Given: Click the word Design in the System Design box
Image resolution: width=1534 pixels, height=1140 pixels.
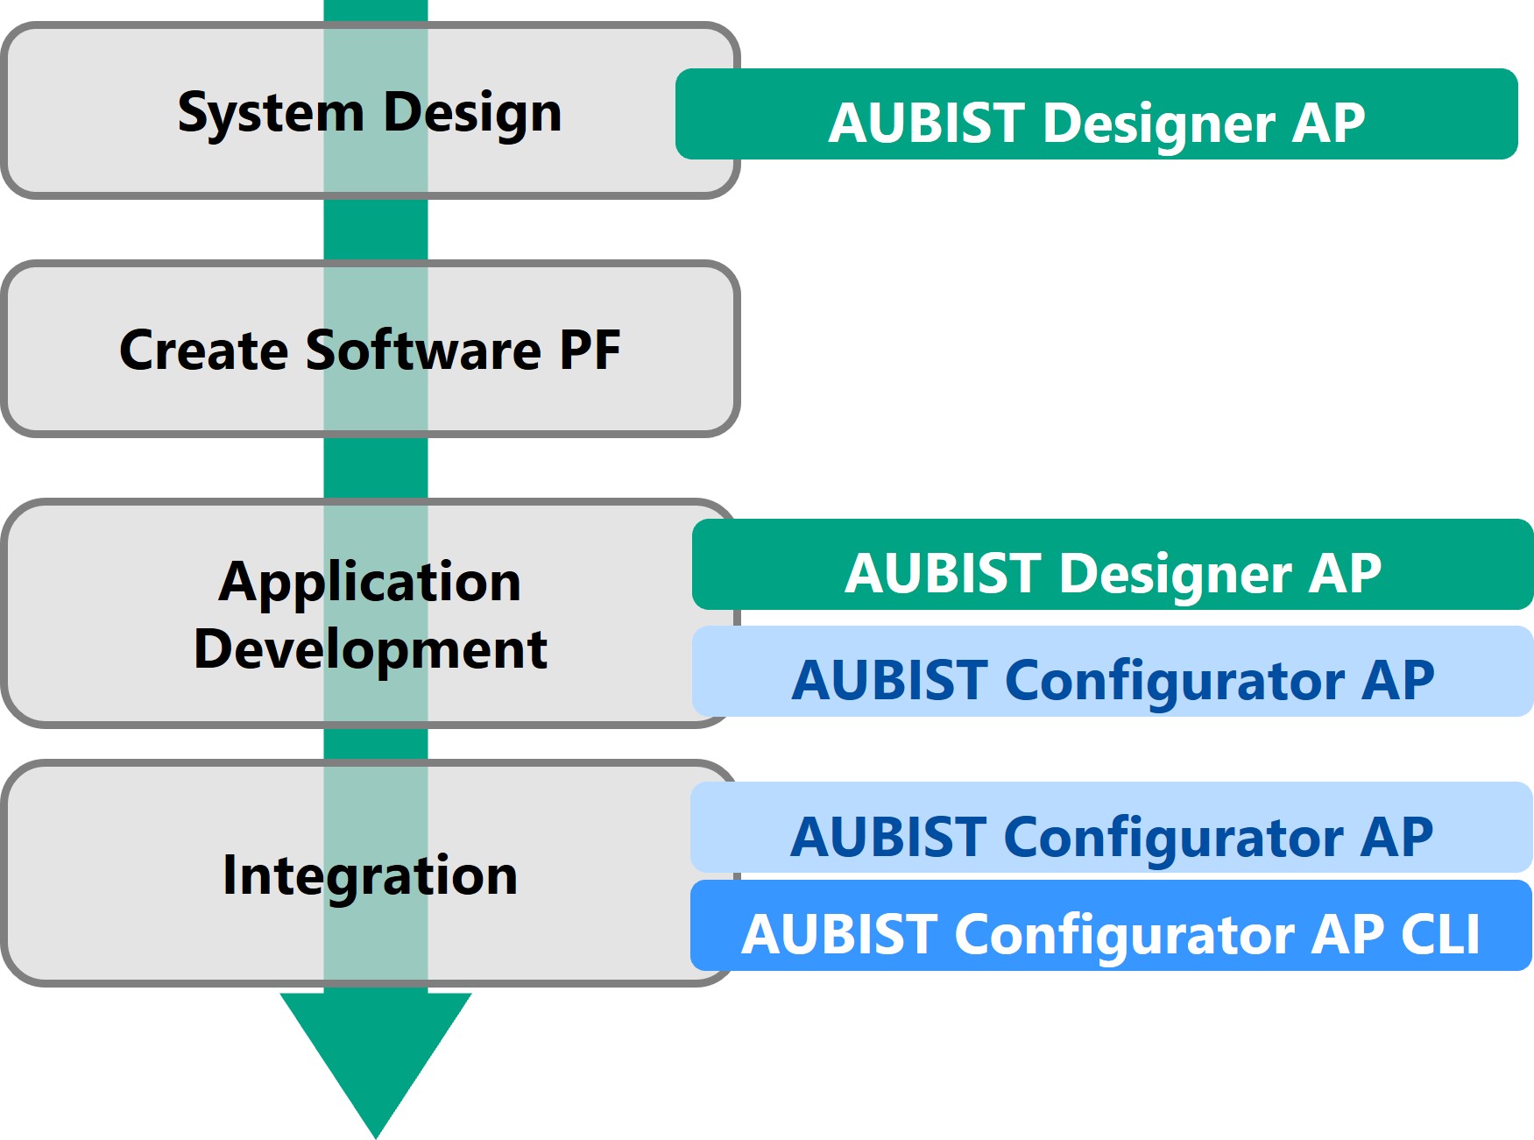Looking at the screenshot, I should (x=472, y=113).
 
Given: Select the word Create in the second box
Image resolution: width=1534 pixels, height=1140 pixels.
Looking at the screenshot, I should (x=203, y=350).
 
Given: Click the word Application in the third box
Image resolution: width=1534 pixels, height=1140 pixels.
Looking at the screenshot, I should (x=370, y=582).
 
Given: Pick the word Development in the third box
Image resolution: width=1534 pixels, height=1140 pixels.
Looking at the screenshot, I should (x=370, y=649).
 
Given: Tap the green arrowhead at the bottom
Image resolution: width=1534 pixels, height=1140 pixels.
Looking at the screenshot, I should (x=376, y=1051).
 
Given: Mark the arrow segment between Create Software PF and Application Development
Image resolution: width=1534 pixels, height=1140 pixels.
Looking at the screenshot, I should (x=376, y=468).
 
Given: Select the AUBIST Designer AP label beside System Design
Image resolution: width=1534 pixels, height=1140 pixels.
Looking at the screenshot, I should (x=1096, y=114).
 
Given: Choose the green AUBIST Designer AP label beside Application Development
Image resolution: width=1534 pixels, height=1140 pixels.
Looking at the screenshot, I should (x=1113, y=564).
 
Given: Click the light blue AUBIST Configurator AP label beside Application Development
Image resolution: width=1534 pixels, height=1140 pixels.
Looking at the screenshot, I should (x=1113, y=671).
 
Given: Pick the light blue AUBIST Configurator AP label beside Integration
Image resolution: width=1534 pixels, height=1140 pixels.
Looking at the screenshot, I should (x=1111, y=827).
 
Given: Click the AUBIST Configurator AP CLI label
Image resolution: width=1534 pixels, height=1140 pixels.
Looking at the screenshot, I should (x=1111, y=925).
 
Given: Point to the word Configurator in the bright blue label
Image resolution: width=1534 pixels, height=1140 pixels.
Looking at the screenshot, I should (x=1125, y=934).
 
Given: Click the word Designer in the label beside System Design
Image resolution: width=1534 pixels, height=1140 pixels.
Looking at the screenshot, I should (x=1159, y=123).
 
